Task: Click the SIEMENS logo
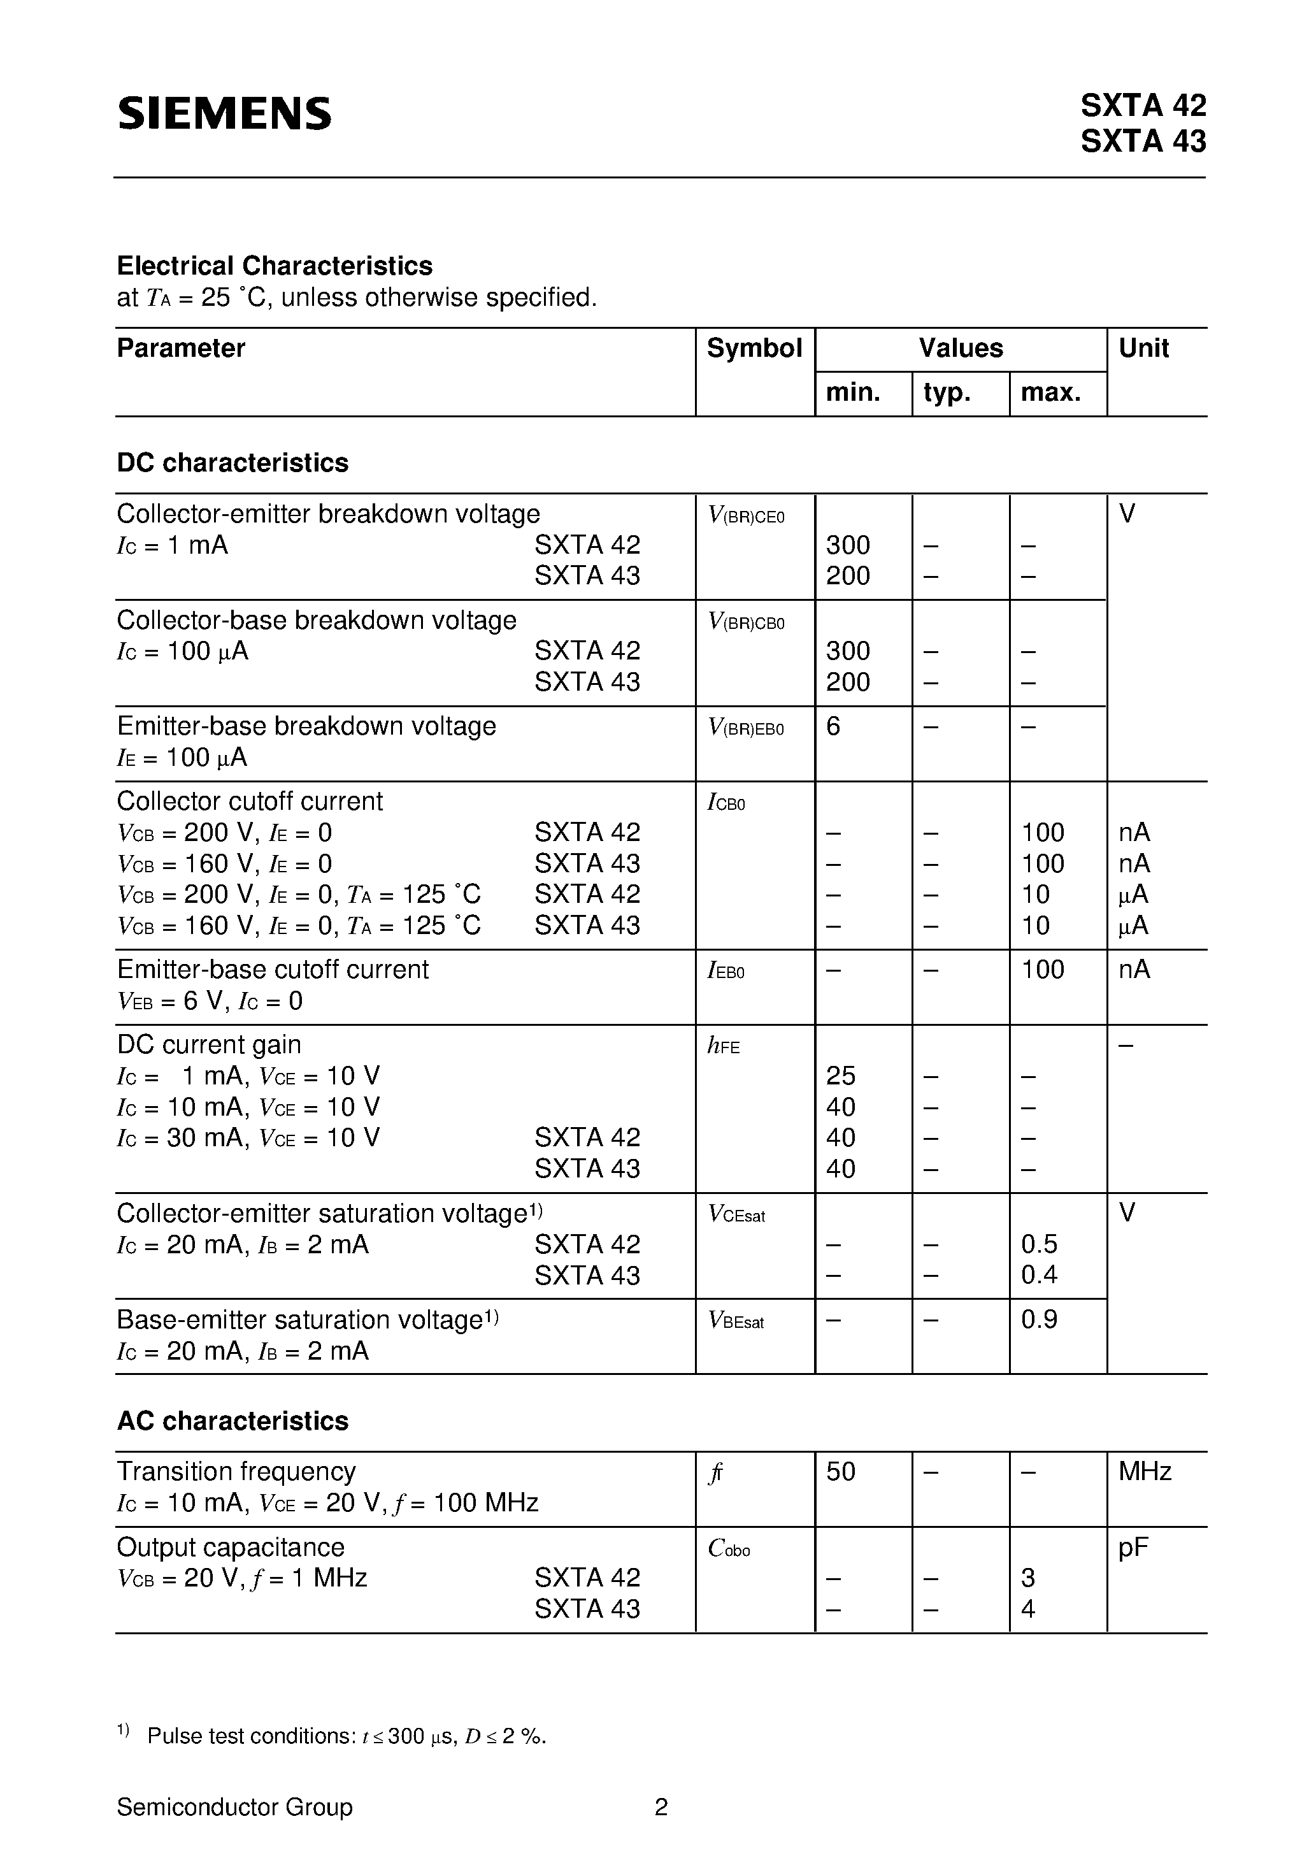tap(225, 113)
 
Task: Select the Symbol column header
tap(754, 348)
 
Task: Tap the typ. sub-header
tap(947, 392)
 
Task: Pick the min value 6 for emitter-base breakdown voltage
tap(833, 726)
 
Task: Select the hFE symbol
tap(723, 1046)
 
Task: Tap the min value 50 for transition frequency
tap(841, 1472)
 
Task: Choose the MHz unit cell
tap(1144, 1472)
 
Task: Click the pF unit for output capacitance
tap(1133, 1548)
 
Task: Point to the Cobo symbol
tap(729, 1549)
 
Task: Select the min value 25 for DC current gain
tap(841, 1076)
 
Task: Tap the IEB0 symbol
tap(726, 970)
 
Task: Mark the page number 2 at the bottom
tap(661, 1807)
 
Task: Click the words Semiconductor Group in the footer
tap(234, 1807)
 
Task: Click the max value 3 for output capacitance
tap(1028, 1578)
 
